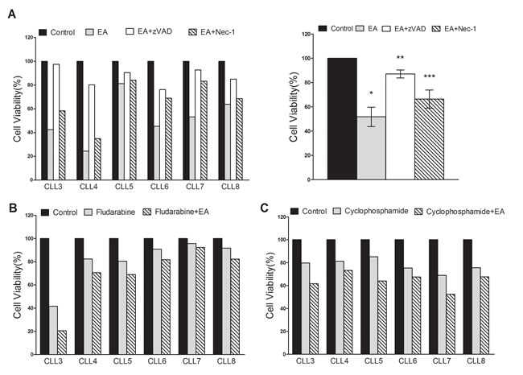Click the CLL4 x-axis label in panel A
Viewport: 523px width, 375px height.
(x=91, y=186)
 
